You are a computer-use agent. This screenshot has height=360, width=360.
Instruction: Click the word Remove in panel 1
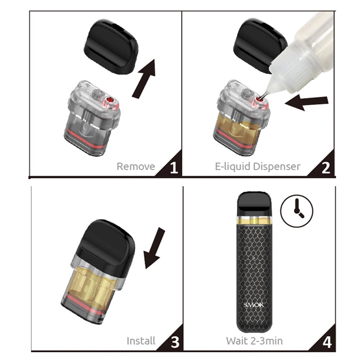pos(136,167)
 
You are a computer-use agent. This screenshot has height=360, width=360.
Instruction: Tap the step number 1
pos(174,167)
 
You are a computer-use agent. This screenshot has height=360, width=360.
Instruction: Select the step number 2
pos(326,167)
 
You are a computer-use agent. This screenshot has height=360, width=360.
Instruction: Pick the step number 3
pos(175,342)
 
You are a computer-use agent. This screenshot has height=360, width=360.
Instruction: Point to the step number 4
pos(327,342)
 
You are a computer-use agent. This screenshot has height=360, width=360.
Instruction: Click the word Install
pos(141,341)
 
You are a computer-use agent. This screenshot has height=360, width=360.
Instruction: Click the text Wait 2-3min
pos(254,341)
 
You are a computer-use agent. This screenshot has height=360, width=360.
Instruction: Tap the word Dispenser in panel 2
pos(275,167)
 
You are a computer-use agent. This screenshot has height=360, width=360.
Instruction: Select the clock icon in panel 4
pos(297,211)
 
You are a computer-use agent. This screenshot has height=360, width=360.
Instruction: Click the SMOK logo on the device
pos(254,305)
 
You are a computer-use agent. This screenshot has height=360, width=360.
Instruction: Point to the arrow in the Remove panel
pos(144,79)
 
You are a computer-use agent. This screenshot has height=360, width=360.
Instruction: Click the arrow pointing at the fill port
pos(306,103)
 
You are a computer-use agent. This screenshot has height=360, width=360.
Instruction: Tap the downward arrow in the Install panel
pos(153,248)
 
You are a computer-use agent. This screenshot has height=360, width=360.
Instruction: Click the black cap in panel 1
pos(111,47)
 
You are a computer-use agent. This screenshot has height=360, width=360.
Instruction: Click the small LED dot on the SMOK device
pos(254,259)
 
